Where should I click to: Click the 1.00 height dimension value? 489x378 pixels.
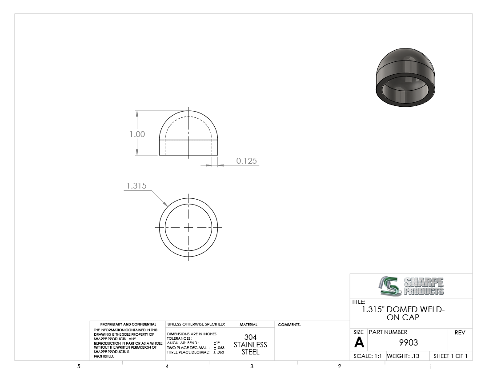137,134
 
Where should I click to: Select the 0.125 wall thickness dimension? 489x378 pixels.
246,161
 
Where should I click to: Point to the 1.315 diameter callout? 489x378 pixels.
136,185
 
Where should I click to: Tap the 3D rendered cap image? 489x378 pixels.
405,77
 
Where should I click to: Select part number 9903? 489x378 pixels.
409,342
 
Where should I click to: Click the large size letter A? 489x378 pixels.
359,342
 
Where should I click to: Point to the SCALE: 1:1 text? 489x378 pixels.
367,356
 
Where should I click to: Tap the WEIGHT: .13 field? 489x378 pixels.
403,356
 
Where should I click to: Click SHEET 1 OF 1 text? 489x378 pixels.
450,356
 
